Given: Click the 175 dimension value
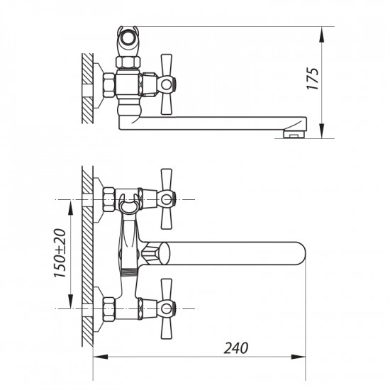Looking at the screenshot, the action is [x=313, y=79].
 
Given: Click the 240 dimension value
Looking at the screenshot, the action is [x=236, y=348].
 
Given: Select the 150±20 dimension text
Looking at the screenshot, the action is [x=60, y=253].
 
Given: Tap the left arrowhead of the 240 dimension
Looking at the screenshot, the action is [x=101, y=357].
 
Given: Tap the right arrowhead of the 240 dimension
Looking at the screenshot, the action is [x=299, y=357].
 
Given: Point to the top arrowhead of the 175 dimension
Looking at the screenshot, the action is [x=322, y=34].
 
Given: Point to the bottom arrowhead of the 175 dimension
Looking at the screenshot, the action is [x=322, y=131].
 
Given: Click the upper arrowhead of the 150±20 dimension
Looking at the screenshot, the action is [x=71, y=207].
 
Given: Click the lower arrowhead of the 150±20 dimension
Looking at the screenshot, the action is [x=71, y=301].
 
